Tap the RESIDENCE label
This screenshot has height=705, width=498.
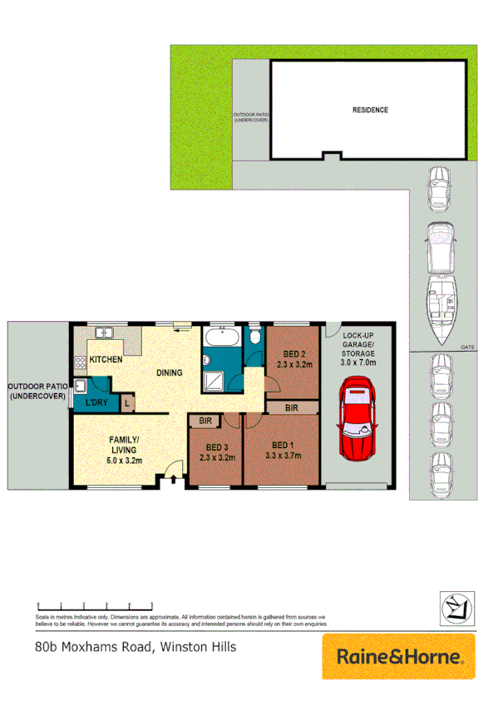click(370, 110)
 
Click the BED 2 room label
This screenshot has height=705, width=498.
click(293, 357)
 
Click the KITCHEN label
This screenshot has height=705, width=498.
click(106, 360)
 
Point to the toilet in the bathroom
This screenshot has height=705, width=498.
click(254, 337)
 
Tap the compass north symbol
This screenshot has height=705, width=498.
click(456, 609)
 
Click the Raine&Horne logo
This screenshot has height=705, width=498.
click(398, 656)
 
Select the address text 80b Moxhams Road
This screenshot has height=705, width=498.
click(88, 646)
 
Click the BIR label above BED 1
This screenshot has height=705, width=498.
click(291, 408)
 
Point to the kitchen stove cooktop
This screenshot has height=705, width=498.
click(81, 362)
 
